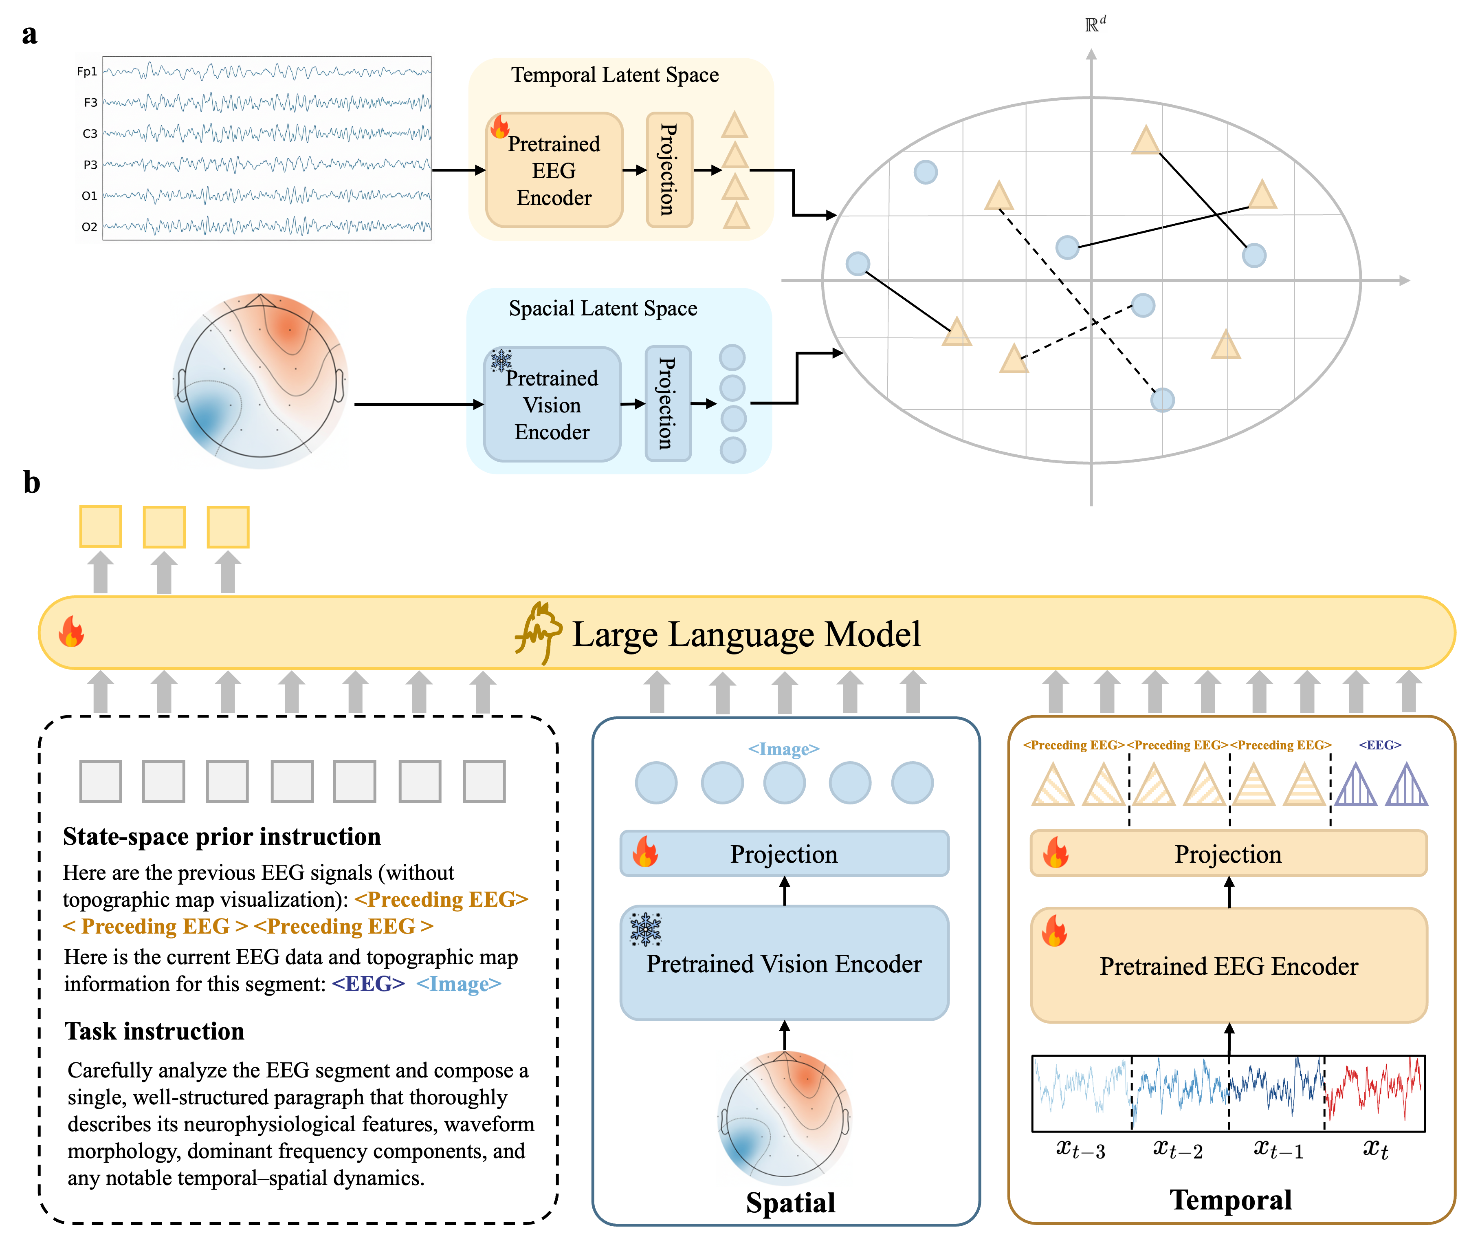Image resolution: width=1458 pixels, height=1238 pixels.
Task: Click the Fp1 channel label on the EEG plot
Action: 87,72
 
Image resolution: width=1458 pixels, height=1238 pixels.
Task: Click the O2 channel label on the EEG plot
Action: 89,227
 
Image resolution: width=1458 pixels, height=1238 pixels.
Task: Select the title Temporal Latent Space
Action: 615,75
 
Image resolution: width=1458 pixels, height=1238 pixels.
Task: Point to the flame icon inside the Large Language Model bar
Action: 71,632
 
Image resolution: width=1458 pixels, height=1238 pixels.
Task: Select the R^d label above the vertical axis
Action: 1093,24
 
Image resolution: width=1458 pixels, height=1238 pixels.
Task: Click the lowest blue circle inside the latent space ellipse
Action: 1163,400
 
